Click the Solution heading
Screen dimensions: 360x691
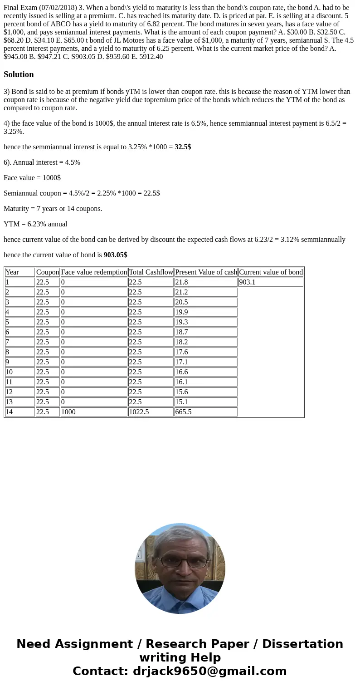tap(19, 74)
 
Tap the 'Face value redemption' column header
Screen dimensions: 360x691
tap(94, 272)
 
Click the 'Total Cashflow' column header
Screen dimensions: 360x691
tap(151, 272)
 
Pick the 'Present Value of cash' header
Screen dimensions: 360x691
tap(206, 272)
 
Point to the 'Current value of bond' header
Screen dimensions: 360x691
tap(271, 272)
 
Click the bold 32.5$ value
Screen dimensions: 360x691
tap(183, 147)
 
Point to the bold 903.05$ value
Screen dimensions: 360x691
tap(115, 255)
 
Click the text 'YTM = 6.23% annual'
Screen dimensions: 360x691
tap(35, 224)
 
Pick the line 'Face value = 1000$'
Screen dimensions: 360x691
tap(32, 178)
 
